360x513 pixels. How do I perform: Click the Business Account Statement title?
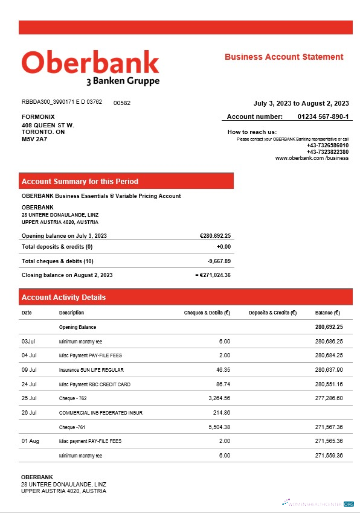[x=284, y=57]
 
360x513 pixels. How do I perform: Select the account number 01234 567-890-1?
[x=323, y=116]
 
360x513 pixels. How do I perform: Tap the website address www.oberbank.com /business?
[x=312, y=158]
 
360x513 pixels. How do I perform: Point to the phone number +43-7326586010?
[x=327, y=145]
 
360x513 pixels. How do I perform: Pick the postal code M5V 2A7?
[x=34, y=139]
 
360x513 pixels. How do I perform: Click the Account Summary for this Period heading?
[x=80, y=181]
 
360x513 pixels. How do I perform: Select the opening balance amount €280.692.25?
[x=215, y=235]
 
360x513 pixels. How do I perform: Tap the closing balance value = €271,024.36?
[x=213, y=275]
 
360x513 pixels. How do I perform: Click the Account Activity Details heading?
[x=63, y=298]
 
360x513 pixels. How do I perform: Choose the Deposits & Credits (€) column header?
[x=272, y=313]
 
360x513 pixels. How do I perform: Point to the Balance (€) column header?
[x=327, y=313]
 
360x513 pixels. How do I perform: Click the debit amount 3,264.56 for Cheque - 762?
[x=217, y=398]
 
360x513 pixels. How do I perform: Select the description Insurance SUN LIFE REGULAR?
[x=88, y=370]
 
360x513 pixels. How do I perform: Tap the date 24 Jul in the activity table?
[x=30, y=384]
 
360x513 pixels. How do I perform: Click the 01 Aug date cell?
[x=30, y=441]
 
